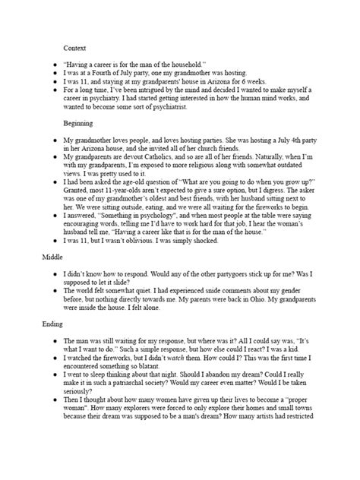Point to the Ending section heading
pyautogui.click(x=52, y=324)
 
